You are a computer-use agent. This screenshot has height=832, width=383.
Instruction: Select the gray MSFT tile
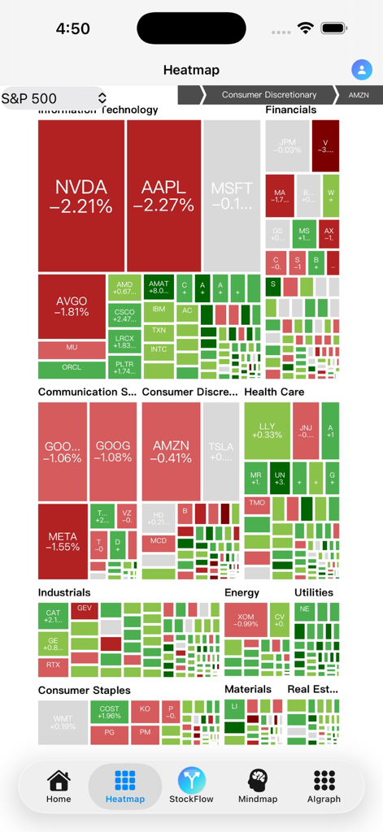pyautogui.click(x=232, y=196)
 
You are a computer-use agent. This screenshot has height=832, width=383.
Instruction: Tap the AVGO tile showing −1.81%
pyautogui.click(x=72, y=306)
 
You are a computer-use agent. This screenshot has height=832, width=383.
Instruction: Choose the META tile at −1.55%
pyautogui.click(x=63, y=541)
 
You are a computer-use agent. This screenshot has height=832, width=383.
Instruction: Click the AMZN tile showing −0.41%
pyautogui.click(x=171, y=452)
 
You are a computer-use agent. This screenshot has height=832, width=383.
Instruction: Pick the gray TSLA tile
pyautogui.click(x=220, y=452)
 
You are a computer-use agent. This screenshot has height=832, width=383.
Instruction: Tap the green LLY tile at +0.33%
pyautogui.click(x=267, y=431)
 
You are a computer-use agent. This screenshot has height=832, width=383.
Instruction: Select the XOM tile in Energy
pyautogui.click(x=246, y=620)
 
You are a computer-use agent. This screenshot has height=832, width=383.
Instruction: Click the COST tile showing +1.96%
pyautogui.click(x=110, y=712)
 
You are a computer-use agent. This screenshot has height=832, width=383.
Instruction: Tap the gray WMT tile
pyautogui.click(x=63, y=722)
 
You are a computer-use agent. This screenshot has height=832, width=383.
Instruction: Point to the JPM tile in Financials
pyautogui.click(x=287, y=145)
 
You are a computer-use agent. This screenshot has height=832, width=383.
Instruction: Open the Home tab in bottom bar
pyautogui.click(x=59, y=786)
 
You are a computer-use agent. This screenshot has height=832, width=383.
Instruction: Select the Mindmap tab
pyautogui.click(x=258, y=786)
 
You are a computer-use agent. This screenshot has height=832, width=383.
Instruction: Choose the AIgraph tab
pyautogui.click(x=324, y=786)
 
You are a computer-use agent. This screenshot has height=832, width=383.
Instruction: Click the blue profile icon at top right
pyautogui.click(x=361, y=70)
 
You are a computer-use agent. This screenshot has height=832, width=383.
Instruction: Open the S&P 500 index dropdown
pyautogui.click(x=54, y=98)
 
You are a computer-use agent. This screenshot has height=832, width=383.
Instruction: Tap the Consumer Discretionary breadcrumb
pyautogui.click(x=269, y=95)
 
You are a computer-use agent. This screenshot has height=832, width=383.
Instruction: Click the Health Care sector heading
pyautogui.click(x=274, y=392)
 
